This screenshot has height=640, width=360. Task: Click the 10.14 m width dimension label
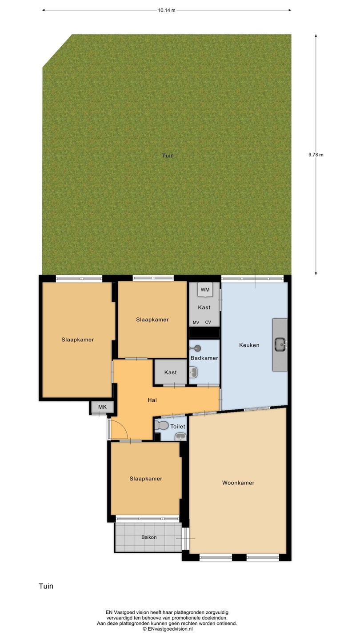pyautogui.click(x=167, y=10)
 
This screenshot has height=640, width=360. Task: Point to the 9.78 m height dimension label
pyautogui.click(x=316, y=155)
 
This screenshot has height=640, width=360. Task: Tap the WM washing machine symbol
pyautogui.click(x=205, y=290)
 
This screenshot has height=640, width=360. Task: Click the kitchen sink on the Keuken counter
pyautogui.click(x=280, y=344)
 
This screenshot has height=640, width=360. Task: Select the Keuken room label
pyautogui.click(x=249, y=345)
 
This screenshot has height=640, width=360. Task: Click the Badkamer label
pyautogui.click(x=204, y=358)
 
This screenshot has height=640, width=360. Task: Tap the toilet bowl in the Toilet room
pyautogui.click(x=161, y=425)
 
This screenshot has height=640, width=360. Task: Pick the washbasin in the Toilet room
pyautogui.click(x=180, y=436)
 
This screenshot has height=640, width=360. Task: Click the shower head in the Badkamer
pyautogui.click(x=196, y=348)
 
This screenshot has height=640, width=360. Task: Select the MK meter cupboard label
pyautogui.click(x=102, y=407)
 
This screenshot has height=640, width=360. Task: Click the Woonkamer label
pyautogui.click(x=238, y=483)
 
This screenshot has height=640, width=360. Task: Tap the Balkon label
pyautogui.click(x=149, y=537)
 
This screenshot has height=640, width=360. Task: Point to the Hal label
pyautogui.click(x=152, y=400)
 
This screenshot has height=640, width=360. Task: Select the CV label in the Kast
pyautogui.click(x=208, y=322)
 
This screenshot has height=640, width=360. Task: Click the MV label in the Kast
pyautogui.click(x=196, y=323)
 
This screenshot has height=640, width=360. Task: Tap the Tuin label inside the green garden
pyautogui.click(x=168, y=156)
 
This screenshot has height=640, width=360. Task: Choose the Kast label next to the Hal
pyautogui.click(x=170, y=372)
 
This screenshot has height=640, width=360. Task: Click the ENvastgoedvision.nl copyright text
pyautogui.click(x=168, y=629)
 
